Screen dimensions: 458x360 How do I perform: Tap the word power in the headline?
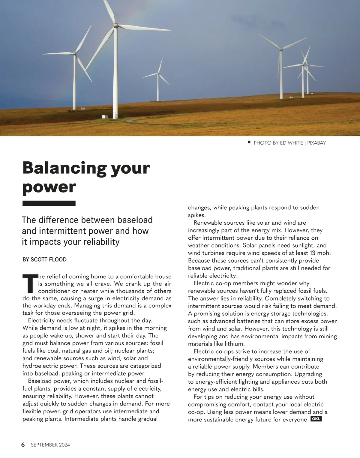click(49, 187)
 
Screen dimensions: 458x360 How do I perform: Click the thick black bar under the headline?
click(49, 203)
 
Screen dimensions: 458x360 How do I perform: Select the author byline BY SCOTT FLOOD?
click(45, 259)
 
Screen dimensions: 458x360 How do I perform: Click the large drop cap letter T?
click(29, 283)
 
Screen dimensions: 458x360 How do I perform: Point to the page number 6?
click(23, 445)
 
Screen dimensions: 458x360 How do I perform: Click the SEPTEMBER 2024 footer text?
click(50, 445)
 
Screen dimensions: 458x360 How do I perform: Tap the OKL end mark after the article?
click(316, 419)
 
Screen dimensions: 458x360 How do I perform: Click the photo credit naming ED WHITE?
click(289, 143)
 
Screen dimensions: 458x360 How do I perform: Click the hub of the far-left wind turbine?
click(75, 54)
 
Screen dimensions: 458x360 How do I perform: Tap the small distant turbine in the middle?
click(158, 73)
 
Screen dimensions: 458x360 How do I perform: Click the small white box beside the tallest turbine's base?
click(104, 116)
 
